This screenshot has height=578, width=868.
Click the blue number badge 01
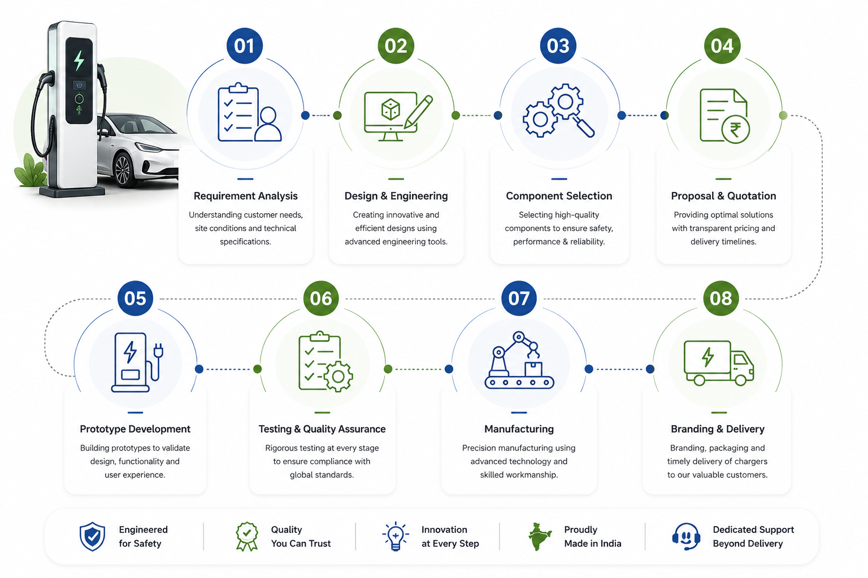click(245, 46)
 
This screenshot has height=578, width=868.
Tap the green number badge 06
click(321, 298)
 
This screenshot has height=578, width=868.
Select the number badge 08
click(721, 298)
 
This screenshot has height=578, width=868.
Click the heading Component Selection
click(559, 196)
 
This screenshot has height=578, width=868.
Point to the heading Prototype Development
click(135, 429)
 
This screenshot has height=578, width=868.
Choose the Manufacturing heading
click(519, 429)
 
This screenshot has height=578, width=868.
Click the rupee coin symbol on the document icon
click(735, 130)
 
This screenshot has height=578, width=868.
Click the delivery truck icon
click(719, 363)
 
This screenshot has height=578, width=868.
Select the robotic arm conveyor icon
click(519, 360)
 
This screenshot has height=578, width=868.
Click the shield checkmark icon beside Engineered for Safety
click(92, 536)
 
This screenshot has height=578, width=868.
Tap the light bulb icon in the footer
click(395, 536)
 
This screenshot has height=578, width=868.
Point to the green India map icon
click(539, 537)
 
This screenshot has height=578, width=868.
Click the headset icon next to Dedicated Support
click(686, 537)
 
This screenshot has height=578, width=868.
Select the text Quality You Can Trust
click(301, 537)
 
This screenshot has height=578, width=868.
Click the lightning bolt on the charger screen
click(79, 60)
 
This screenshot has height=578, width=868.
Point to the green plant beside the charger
click(30, 170)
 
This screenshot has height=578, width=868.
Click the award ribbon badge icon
click(247, 536)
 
